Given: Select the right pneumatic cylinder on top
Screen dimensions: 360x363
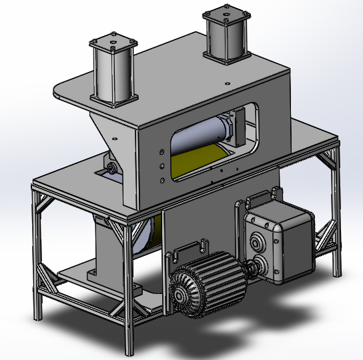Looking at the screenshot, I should click(x=227, y=37).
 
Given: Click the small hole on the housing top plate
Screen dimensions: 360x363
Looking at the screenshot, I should click(x=229, y=83).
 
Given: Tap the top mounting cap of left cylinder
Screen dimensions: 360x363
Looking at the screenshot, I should click(x=115, y=45).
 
